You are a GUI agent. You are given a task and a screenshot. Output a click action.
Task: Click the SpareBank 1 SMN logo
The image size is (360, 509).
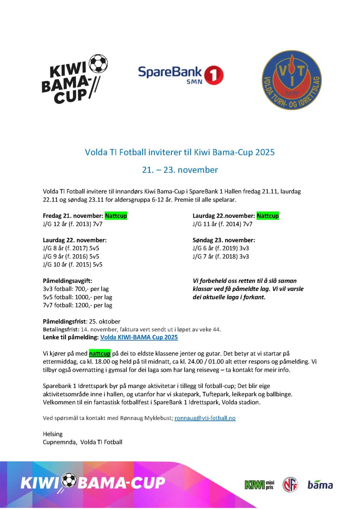click(x=180, y=75)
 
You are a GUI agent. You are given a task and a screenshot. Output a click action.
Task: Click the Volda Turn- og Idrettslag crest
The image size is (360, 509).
click(x=292, y=80)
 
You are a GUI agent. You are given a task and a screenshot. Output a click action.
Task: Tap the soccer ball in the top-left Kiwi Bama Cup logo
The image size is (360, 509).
click(x=98, y=63)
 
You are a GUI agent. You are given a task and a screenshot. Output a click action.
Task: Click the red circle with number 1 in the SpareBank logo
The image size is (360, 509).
click(x=214, y=75)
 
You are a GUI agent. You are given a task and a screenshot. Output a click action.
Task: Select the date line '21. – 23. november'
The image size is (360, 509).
click(x=180, y=170)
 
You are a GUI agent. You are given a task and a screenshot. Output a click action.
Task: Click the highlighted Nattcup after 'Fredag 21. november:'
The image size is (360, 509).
click(x=116, y=216)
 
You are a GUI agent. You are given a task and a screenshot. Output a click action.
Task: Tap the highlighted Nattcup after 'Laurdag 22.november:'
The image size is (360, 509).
click(x=268, y=216)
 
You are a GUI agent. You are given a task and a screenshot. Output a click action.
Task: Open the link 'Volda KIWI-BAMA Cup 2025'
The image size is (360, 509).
click(x=139, y=337)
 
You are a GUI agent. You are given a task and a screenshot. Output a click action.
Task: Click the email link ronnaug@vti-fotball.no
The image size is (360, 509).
click(x=205, y=418)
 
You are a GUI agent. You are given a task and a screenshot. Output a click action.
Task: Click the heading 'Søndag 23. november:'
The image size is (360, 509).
click(x=224, y=240)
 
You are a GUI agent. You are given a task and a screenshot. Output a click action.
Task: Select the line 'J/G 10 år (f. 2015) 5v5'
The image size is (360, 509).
click(x=73, y=264)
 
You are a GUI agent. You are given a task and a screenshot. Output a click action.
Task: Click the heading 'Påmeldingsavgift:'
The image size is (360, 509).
click(x=68, y=281)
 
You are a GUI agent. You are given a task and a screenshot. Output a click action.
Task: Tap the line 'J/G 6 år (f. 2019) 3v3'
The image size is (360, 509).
click(x=221, y=248)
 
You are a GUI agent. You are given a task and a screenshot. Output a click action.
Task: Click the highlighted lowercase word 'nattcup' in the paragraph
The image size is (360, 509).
click(x=100, y=354)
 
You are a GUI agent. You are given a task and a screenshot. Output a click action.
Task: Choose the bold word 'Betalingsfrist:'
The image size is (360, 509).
click(x=61, y=329)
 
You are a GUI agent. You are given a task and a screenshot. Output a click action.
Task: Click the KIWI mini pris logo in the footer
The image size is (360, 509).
click(x=259, y=485)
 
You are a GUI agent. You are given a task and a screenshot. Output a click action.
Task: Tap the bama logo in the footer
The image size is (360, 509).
click(x=320, y=485)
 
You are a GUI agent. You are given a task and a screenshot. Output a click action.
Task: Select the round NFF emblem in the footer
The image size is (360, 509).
click(x=290, y=485)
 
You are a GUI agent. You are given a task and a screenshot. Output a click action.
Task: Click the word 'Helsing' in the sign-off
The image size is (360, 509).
click(x=53, y=434)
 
